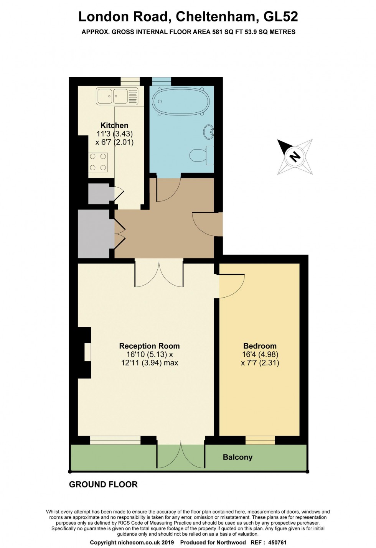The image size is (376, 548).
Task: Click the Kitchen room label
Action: click(114, 125)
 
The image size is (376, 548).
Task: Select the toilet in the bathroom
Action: click(201, 155)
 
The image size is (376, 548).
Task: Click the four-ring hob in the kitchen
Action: click(98, 162)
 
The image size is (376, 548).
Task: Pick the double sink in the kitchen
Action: click(117, 96)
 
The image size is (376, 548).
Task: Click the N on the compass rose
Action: click(295, 156)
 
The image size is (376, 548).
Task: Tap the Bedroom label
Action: click(260, 346)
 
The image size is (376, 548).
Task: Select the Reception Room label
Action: click(149, 346)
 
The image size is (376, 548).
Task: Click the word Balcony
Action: click(237, 457)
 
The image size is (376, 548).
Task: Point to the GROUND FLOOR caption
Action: click(103, 484)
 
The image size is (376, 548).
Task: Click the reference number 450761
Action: click(277, 542)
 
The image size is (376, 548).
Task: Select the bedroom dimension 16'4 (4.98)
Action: click(260, 354)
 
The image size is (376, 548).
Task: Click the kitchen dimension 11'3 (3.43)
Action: click(114, 134)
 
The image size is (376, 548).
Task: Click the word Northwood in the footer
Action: click(231, 542)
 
